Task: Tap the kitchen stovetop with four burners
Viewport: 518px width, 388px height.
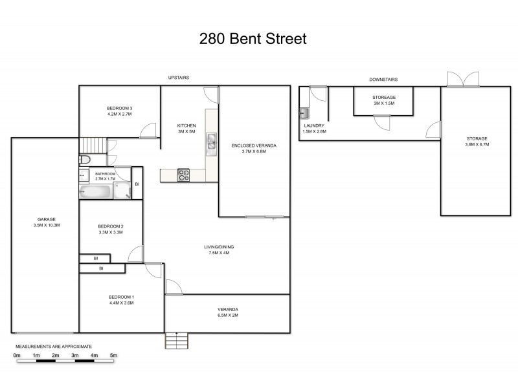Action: [x=183, y=173]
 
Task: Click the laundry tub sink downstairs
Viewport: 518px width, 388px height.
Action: [x=304, y=114]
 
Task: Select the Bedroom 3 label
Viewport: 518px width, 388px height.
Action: [x=120, y=108]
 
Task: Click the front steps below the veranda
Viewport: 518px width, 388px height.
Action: [x=175, y=340]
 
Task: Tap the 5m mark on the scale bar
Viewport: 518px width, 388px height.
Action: [x=113, y=355]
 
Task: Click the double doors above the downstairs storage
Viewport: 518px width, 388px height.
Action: [x=462, y=79]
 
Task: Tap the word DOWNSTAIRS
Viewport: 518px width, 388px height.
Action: [x=383, y=80]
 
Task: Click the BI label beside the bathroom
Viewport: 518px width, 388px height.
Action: [x=137, y=185]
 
